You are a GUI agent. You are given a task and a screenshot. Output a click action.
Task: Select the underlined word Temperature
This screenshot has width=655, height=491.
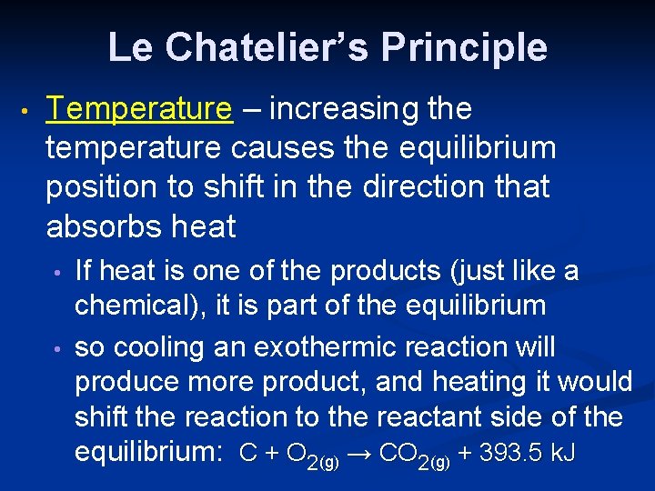(x=139, y=109)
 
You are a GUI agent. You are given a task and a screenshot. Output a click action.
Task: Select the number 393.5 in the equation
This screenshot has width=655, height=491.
(x=512, y=453)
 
